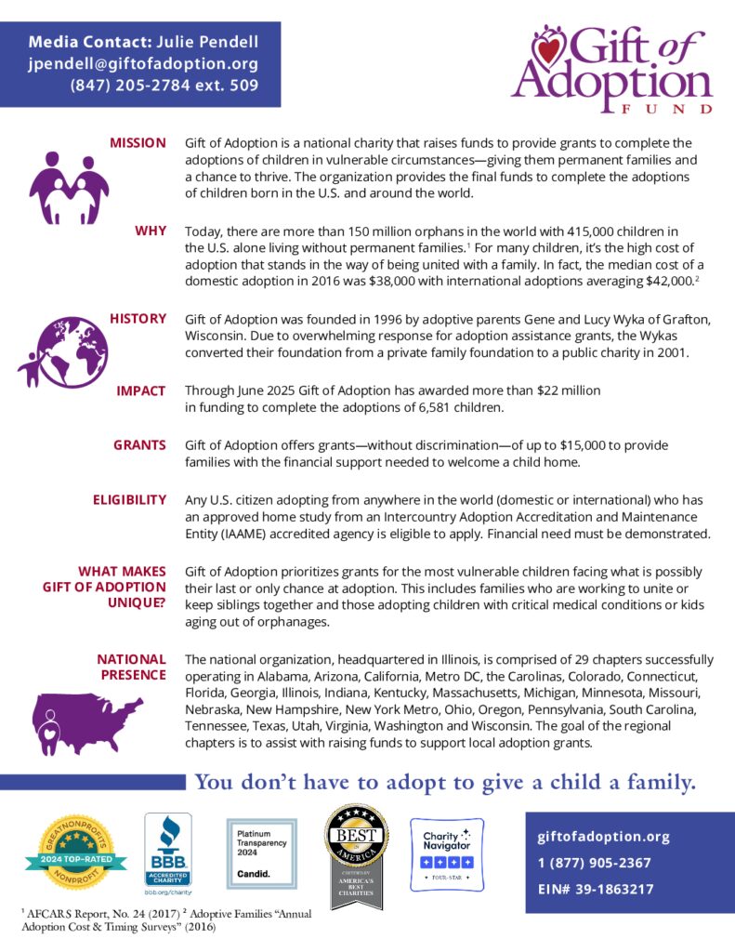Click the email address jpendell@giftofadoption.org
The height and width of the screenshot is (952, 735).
[x=143, y=64]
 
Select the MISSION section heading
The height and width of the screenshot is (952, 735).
[x=138, y=143]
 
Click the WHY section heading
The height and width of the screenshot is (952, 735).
[x=151, y=231]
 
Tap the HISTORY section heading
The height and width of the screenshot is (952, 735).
[x=138, y=319]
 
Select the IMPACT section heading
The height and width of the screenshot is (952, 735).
[x=141, y=391]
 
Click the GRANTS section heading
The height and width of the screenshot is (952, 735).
[x=139, y=445]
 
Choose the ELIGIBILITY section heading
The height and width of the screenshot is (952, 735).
[x=129, y=500]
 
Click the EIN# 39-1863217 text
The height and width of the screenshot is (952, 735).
[x=596, y=889]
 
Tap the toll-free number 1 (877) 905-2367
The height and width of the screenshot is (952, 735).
[x=595, y=863]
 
